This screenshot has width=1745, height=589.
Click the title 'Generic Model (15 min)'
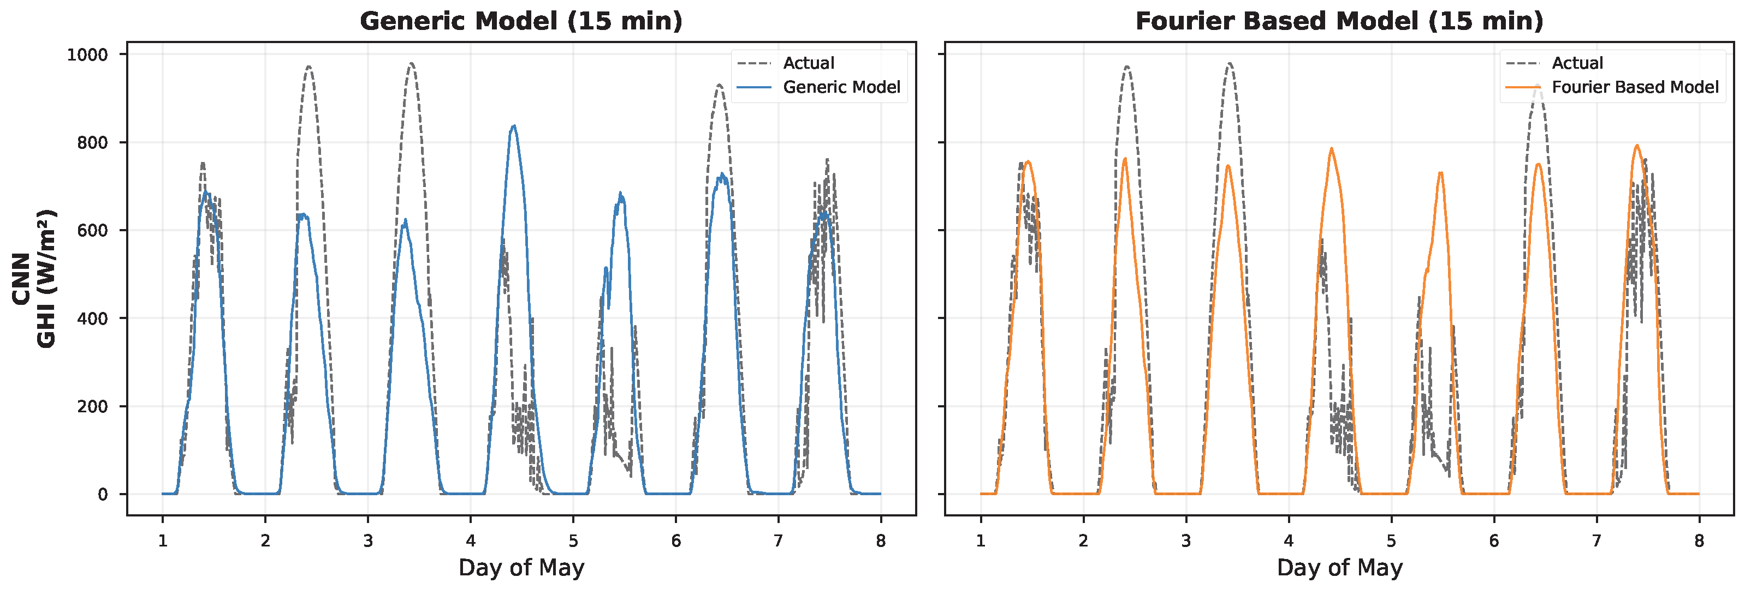click(x=521, y=21)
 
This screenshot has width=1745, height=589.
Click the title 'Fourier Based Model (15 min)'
click(x=1339, y=21)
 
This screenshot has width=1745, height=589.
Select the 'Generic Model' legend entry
click(x=841, y=87)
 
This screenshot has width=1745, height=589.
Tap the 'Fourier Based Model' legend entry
click(x=1635, y=87)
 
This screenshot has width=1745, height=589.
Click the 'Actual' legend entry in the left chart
click(x=808, y=63)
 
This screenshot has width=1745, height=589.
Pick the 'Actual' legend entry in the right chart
click(x=1577, y=63)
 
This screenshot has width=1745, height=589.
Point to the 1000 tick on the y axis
click(x=87, y=55)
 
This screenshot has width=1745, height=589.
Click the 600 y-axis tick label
click(x=93, y=231)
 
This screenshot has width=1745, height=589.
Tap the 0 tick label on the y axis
click(x=103, y=495)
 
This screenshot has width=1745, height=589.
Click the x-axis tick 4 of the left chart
click(x=470, y=540)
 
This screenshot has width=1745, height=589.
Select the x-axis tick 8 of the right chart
click(x=1699, y=540)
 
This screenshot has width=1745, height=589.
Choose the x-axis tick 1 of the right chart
click(x=980, y=540)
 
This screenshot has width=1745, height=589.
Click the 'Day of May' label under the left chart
click(x=521, y=567)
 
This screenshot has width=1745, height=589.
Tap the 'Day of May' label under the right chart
click(x=1339, y=567)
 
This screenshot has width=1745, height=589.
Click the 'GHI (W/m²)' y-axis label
click(x=46, y=279)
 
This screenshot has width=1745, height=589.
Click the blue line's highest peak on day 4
click(x=514, y=126)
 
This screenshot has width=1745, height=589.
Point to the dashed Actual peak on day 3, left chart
click(x=411, y=64)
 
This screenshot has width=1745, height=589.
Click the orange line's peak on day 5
click(x=1440, y=173)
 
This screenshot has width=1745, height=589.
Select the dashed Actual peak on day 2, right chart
click(x=1126, y=67)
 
